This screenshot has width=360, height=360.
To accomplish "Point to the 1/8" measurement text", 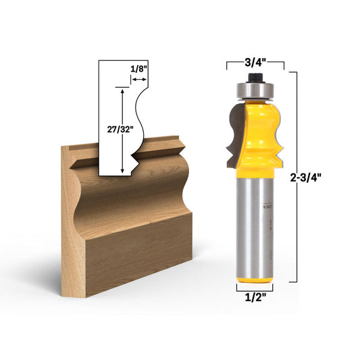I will [139, 68].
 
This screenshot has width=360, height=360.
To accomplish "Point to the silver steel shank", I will [255, 223].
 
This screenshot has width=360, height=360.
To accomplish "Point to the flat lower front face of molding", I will [135, 250].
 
